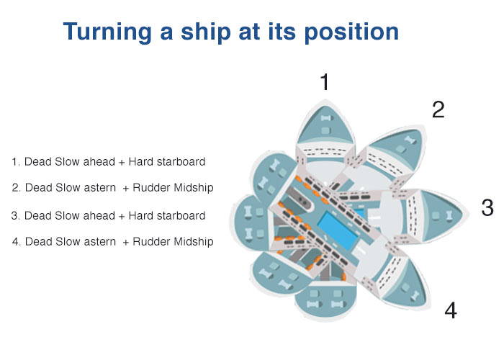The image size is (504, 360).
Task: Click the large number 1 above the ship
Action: tap(325, 82)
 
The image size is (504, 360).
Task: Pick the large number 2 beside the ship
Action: tap(438, 109)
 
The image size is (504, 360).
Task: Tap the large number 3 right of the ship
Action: tap(487, 208)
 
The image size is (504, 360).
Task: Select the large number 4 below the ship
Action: tap(450, 310)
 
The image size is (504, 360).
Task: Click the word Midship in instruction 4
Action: tap(194, 242)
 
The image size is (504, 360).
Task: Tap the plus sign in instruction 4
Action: tap(126, 242)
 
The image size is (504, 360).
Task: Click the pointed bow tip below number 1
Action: tap(325, 101)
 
